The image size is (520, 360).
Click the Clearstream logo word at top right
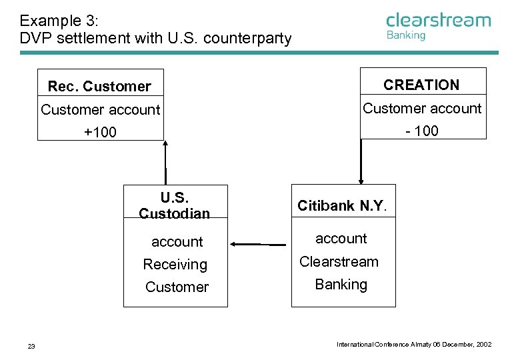pyautogui.click(x=438, y=20)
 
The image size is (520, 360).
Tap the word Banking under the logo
pyautogui.click(x=405, y=35)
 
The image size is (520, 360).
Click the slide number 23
pyautogui.click(x=31, y=345)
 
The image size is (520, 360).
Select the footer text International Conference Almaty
pyautogui.click(x=414, y=344)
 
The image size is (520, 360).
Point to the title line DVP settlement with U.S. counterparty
pyautogui.click(x=155, y=38)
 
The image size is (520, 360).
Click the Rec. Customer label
pyautogui.click(x=99, y=86)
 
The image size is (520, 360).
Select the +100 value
pyautogui.click(x=100, y=132)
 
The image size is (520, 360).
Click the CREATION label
pyautogui.click(x=421, y=85)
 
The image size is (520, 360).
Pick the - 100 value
pyautogui.click(x=422, y=131)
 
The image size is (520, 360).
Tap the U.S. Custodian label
pyautogui.click(x=175, y=205)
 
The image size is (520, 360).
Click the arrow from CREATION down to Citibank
pyautogui.click(x=361, y=161)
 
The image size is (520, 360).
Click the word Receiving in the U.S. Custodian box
pyautogui.click(x=175, y=265)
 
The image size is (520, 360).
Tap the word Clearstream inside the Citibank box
pyautogui.click(x=339, y=261)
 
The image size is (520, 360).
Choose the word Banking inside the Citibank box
pyautogui.click(x=341, y=284)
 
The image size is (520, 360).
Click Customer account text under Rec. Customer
pyautogui.click(x=101, y=109)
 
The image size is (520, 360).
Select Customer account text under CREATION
pyautogui.click(x=422, y=108)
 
